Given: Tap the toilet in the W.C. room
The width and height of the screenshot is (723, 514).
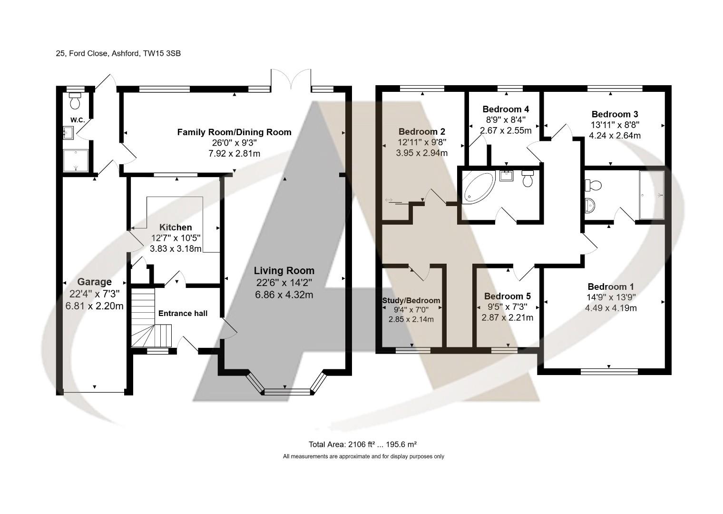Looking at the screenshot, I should (75, 101).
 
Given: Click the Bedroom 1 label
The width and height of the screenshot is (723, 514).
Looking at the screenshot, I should (610, 287).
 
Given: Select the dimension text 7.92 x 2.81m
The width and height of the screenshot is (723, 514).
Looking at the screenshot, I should (234, 153).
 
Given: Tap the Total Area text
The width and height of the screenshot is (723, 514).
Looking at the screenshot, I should (362, 445).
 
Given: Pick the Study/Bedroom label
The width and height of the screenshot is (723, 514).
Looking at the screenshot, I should (411, 300).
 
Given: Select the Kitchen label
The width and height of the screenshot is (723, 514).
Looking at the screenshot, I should (176, 227).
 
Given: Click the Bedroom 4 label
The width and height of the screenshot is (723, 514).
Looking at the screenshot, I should (505, 109).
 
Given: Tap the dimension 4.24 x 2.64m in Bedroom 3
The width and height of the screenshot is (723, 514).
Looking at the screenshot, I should (615, 135).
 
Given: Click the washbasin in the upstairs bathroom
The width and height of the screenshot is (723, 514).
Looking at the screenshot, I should (506, 176).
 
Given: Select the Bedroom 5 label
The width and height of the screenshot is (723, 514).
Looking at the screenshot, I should (507, 296).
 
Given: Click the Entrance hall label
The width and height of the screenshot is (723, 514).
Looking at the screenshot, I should (183, 313).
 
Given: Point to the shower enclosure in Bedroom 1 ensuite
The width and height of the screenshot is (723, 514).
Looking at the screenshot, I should (652, 195).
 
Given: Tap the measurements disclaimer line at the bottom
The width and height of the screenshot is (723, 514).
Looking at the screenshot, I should (363, 456).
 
